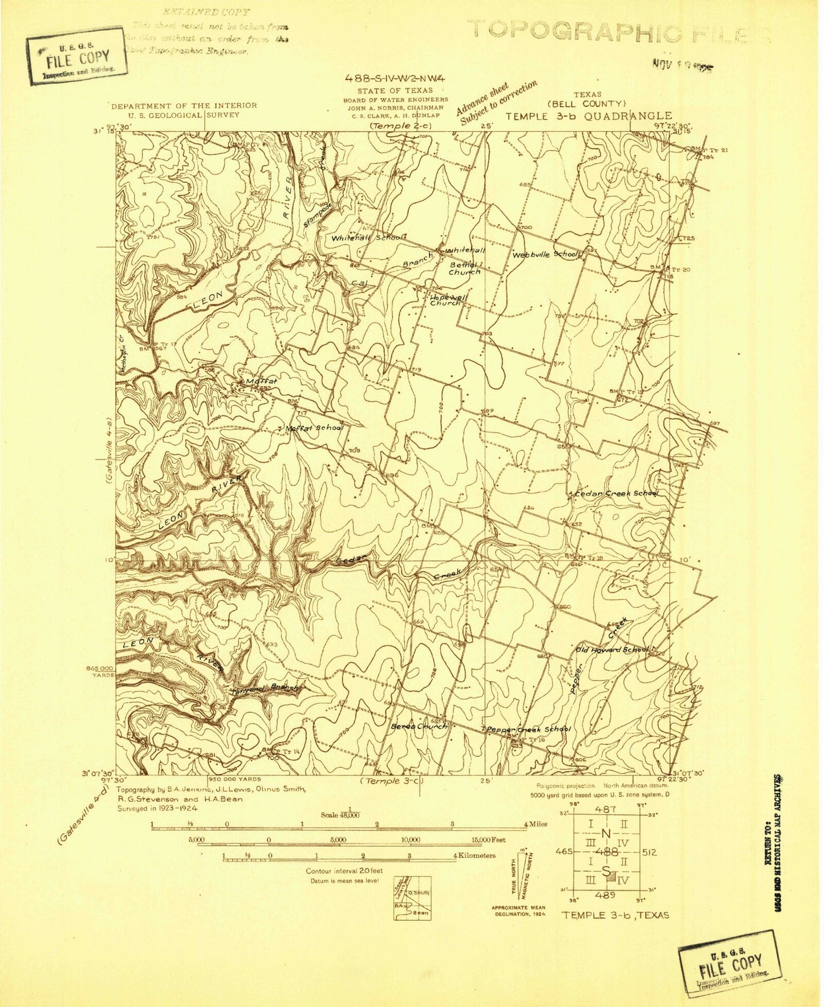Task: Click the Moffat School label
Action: tap(317, 427)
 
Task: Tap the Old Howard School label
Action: tap(611, 649)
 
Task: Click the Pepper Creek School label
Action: tap(527, 729)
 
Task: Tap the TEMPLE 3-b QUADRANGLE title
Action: tap(588, 116)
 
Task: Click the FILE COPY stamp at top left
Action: tap(77, 57)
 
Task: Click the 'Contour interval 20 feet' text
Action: tap(343, 871)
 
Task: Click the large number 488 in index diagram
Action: tap(606, 852)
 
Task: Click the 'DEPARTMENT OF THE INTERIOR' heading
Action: tap(184, 105)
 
